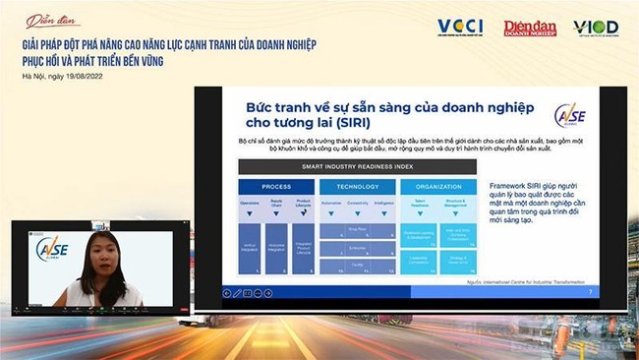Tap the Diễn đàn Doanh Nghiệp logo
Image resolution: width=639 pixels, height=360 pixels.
[x=530, y=29]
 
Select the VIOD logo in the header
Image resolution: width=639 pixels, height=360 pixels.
[x=596, y=28]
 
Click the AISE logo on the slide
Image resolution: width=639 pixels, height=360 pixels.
[x=568, y=116]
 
